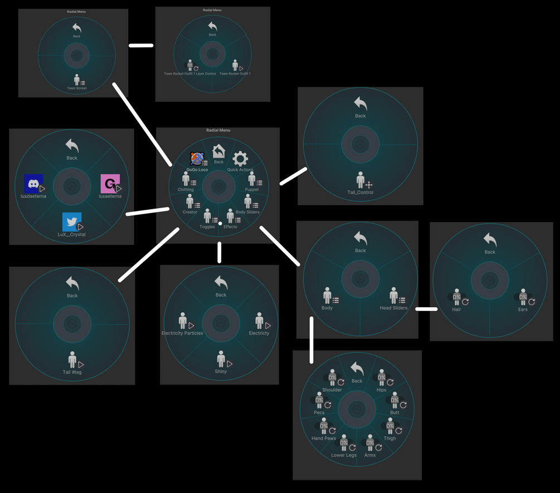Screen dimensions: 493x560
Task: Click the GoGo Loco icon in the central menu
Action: tap(196, 159)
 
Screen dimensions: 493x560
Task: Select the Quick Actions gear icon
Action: tap(240, 158)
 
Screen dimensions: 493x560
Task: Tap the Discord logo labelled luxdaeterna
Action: tap(33, 184)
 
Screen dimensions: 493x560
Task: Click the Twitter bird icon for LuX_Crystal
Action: tap(72, 221)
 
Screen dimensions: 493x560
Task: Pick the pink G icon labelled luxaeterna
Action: tap(110, 184)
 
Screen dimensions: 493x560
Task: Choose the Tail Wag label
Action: tap(72, 372)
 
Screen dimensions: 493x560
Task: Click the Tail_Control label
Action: tap(361, 193)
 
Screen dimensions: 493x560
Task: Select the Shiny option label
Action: tap(221, 371)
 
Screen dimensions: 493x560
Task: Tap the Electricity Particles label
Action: tap(182, 333)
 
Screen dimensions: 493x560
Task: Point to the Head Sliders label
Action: tap(393, 308)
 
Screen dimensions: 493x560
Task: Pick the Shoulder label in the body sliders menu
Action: tap(332, 390)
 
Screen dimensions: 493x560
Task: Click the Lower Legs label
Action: tap(344, 455)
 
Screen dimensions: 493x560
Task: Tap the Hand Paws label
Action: tap(324, 438)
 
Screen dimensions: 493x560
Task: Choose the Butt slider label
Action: tap(395, 413)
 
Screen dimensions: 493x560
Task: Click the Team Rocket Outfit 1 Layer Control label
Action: tap(190, 73)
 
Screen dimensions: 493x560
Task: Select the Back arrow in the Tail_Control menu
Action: tap(361, 103)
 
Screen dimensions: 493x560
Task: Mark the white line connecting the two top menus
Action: tap(141, 46)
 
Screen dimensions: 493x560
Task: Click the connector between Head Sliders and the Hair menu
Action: tap(426, 309)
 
